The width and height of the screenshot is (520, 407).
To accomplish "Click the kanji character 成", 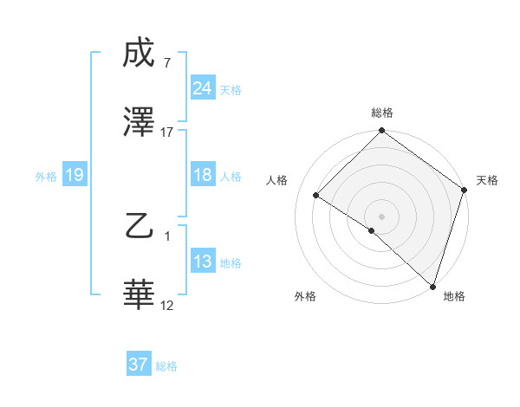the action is [140, 54].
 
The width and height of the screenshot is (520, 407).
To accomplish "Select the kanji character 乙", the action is [140, 227].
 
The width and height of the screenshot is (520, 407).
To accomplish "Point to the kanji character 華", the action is [140, 294].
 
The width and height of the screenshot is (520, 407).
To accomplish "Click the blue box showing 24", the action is [202, 88].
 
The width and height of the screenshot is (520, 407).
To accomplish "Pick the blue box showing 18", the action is [202, 175].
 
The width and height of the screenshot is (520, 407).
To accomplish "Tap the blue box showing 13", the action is [202, 262].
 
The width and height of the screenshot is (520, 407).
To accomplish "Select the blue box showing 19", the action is [74, 175].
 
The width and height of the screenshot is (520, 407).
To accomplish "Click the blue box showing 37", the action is [139, 365].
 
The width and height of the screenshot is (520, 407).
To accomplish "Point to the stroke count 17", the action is [167, 132].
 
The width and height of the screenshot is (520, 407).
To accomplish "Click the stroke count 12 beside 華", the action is [167, 305].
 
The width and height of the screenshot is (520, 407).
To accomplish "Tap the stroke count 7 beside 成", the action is [167, 63].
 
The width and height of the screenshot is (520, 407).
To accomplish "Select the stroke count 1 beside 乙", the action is [167, 236].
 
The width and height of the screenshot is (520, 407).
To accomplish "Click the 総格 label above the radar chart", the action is [381, 113].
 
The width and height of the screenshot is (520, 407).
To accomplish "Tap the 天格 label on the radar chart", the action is [487, 180].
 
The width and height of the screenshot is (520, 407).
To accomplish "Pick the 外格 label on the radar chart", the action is [305, 297].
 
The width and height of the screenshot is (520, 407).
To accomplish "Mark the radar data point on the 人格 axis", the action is [316, 195].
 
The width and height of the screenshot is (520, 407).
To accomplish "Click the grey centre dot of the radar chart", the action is [381, 216].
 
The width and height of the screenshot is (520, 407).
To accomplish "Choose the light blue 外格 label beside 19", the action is [46, 176].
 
